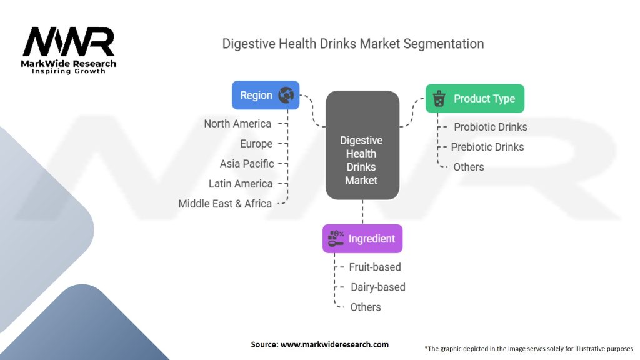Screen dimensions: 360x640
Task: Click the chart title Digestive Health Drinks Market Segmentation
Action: (x=353, y=44)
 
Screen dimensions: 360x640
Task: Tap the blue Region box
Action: (x=266, y=95)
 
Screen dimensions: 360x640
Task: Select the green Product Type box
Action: (x=475, y=98)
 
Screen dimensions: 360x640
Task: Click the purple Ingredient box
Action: (x=362, y=239)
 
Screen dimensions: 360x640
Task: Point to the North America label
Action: (x=237, y=124)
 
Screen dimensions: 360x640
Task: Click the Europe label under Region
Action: (x=256, y=144)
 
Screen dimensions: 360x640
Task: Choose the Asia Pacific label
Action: (x=247, y=164)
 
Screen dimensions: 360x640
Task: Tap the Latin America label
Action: (x=241, y=184)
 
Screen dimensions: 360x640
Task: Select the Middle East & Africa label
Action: (x=225, y=204)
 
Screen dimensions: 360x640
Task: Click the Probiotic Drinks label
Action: (x=491, y=127)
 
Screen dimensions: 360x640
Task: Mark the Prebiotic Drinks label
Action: (x=487, y=147)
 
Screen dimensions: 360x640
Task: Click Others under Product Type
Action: (x=469, y=167)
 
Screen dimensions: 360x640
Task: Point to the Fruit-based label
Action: (x=375, y=267)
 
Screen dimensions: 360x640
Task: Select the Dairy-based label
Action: (x=378, y=287)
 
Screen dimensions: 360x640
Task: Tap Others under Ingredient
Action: (x=366, y=307)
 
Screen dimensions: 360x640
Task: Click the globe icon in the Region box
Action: (x=286, y=95)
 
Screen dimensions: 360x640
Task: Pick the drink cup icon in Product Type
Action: (x=439, y=98)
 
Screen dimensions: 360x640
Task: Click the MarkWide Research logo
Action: (x=69, y=50)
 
